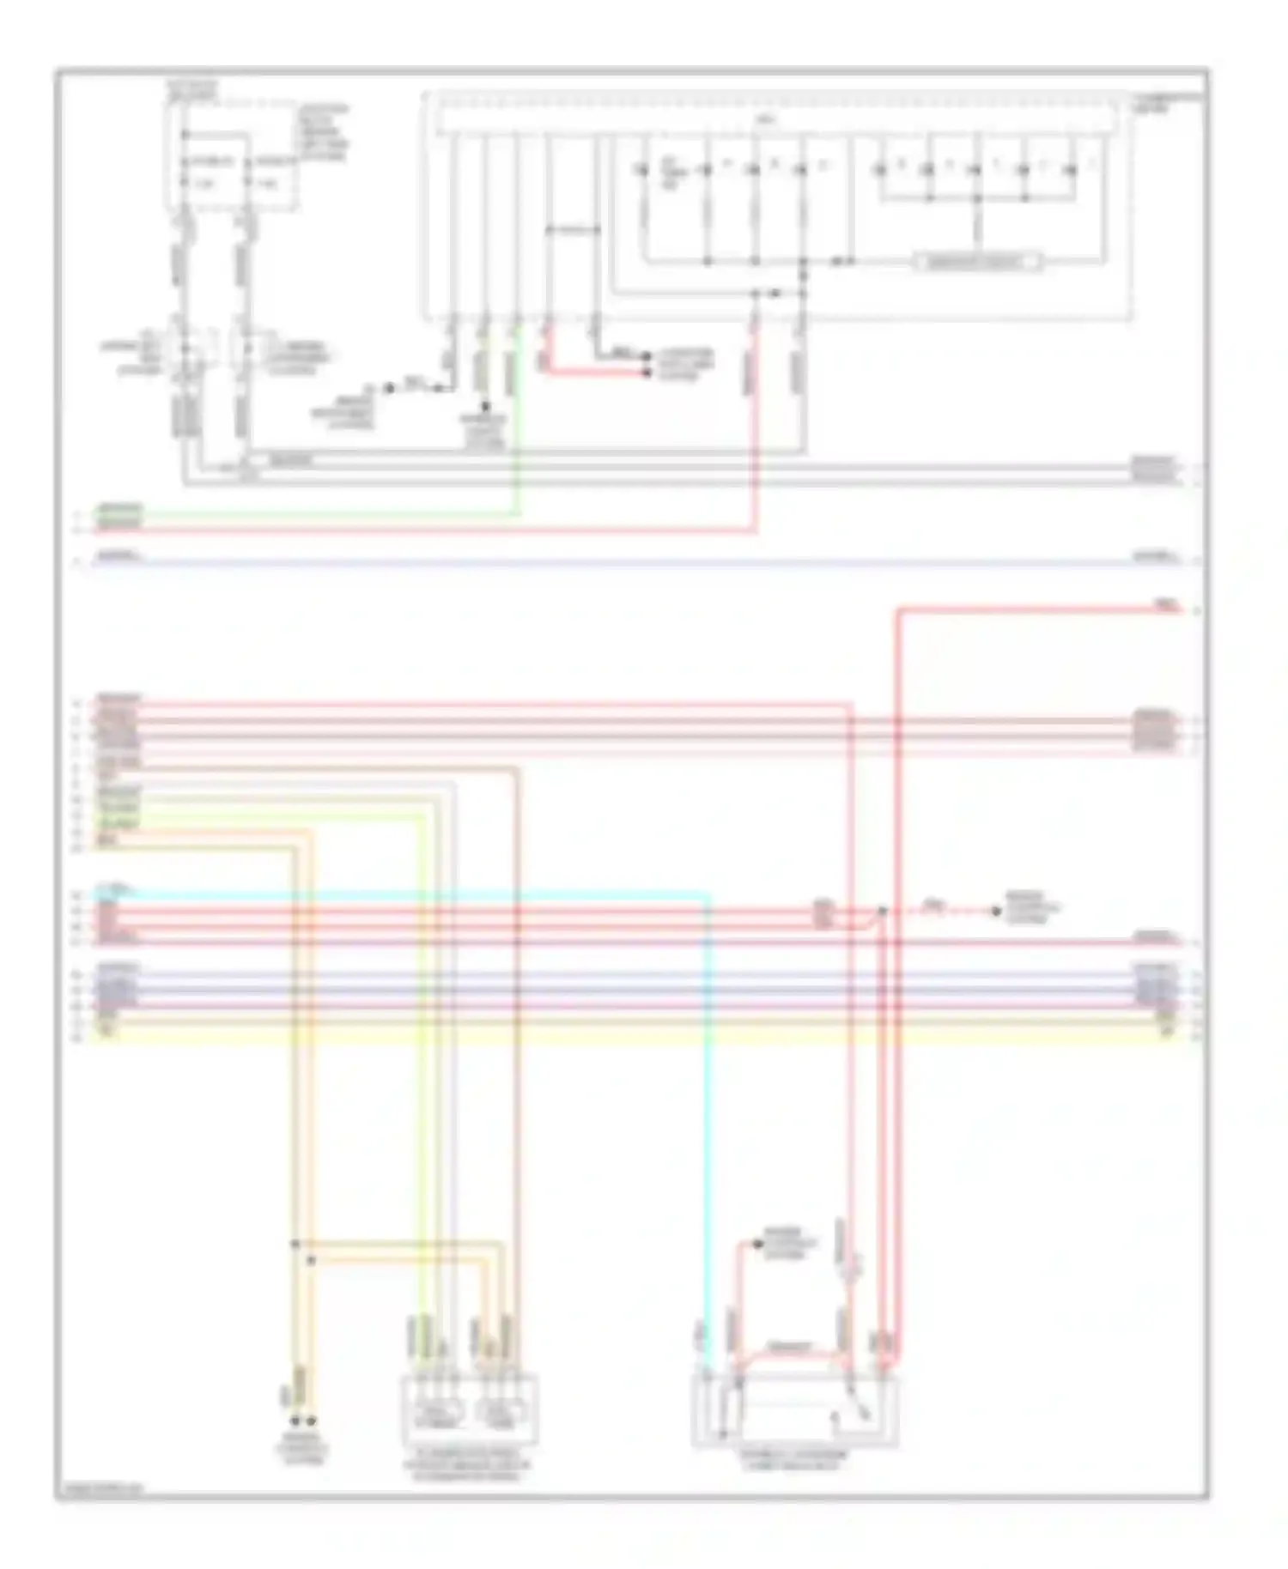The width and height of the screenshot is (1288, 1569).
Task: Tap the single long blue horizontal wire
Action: point(601,563)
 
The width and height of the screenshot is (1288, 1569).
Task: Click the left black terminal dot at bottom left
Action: point(295,1421)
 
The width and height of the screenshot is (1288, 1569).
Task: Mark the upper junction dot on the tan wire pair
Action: point(295,1243)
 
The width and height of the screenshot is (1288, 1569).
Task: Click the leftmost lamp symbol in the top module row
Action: point(641,170)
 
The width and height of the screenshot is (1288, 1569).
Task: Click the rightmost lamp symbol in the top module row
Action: point(1072,170)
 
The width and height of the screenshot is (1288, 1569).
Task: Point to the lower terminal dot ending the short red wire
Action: point(648,374)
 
